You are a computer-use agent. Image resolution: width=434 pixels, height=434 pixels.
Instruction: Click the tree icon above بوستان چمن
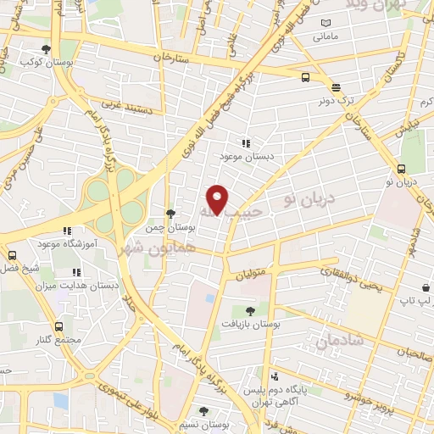coord(170,214)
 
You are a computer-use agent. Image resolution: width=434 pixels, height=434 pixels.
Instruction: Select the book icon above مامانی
coord(325,23)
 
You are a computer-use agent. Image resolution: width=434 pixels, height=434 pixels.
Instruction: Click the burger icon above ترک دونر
coord(336,87)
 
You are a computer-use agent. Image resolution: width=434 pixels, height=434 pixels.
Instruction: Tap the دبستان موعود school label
coord(245,158)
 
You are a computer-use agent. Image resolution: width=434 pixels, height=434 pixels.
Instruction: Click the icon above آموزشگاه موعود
coord(66,230)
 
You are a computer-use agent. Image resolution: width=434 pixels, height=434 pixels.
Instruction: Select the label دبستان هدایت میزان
coord(75,287)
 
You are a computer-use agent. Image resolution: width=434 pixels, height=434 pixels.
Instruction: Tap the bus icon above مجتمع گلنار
coord(58,326)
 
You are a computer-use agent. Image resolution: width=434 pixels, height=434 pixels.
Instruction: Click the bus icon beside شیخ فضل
coord(12,255)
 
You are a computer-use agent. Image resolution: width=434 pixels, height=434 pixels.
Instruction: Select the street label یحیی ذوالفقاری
coord(351,281)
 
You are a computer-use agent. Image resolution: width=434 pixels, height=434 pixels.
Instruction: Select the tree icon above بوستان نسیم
coord(203,411)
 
